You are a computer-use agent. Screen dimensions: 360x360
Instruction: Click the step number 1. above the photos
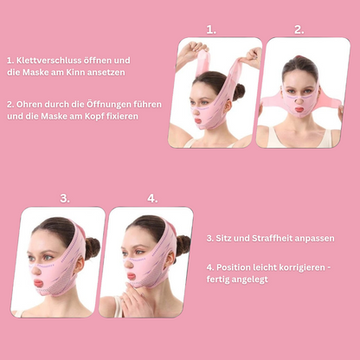point(211,29)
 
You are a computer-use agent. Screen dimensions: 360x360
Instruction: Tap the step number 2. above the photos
point(299,29)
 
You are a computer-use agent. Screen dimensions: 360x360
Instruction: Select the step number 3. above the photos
point(65,198)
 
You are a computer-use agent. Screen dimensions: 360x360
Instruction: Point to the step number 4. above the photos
point(152,198)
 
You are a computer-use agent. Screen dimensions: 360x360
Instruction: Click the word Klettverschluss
point(48,61)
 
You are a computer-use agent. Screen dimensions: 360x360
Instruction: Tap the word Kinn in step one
point(75,72)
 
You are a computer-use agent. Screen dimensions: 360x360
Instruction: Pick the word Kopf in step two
point(93,117)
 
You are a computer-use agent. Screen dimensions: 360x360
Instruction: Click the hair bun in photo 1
point(239,92)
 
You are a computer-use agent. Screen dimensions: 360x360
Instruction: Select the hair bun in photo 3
point(93,248)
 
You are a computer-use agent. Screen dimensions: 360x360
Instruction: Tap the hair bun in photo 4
point(183,245)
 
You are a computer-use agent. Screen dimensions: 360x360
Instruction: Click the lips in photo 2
point(299,110)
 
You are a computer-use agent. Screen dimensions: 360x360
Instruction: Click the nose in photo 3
point(36,270)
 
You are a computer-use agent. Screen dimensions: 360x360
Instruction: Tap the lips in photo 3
point(38,283)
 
